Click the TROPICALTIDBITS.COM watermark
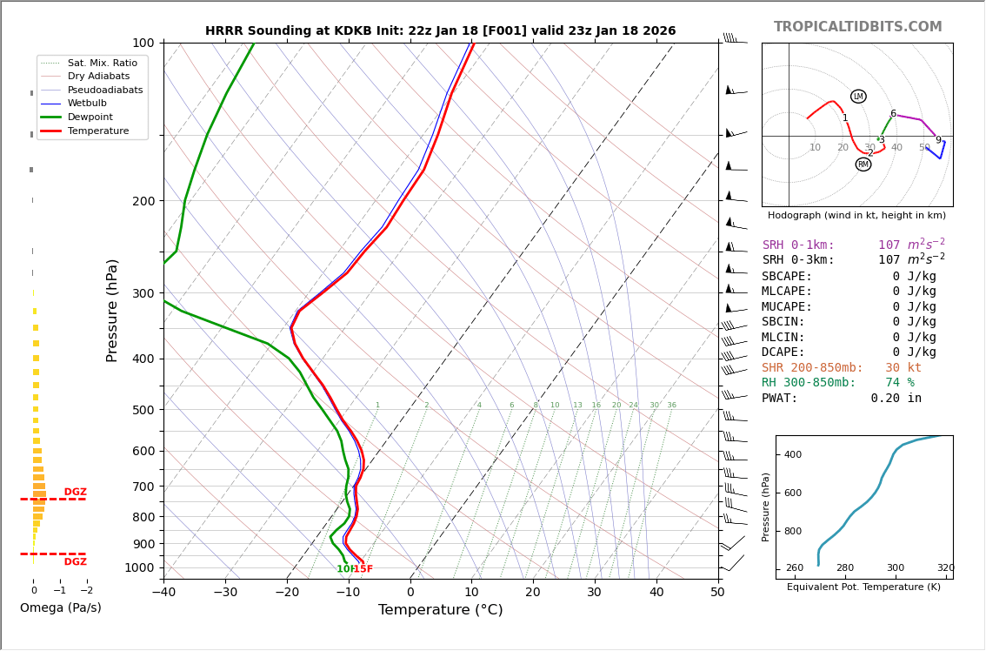tap(857, 27)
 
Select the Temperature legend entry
tap(97, 131)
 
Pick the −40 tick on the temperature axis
tap(163, 593)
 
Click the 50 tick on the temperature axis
tap(717, 593)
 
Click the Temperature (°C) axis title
tap(440, 611)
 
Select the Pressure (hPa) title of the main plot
tap(112, 310)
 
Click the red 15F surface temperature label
tap(363, 569)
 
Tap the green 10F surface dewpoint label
tap(344, 569)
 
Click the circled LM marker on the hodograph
tap(858, 97)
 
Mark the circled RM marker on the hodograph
tap(863, 164)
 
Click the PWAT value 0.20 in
tap(896, 399)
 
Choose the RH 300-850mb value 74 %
tap(900, 383)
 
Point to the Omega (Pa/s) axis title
tap(61, 608)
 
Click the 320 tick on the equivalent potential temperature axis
tap(945, 568)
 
